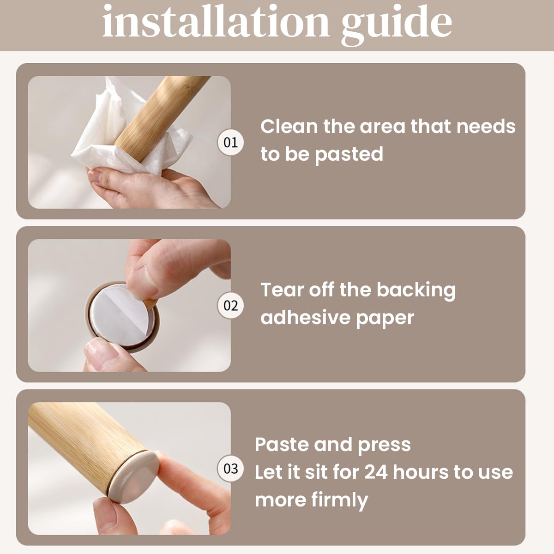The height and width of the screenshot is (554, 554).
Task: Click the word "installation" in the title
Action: pos(216,22)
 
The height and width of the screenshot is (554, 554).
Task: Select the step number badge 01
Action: pos(230,142)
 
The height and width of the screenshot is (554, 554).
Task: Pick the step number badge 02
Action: pos(230,305)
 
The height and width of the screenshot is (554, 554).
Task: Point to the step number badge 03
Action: pos(230,469)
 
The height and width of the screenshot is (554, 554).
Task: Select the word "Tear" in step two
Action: pos(282,289)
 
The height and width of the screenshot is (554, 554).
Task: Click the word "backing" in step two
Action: pos(416,291)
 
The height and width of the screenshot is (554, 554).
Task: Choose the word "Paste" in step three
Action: pos(282,445)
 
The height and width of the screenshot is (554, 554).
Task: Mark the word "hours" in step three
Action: pos(421,472)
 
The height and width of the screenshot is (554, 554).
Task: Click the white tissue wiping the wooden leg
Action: pos(124,135)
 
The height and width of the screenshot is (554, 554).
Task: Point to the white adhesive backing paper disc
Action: pos(122,314)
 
